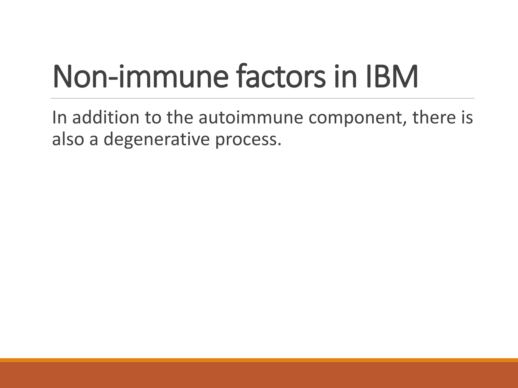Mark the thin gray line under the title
tap(262, 98)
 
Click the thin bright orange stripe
tap(259, 360)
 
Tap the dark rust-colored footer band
tap(259, 375)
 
